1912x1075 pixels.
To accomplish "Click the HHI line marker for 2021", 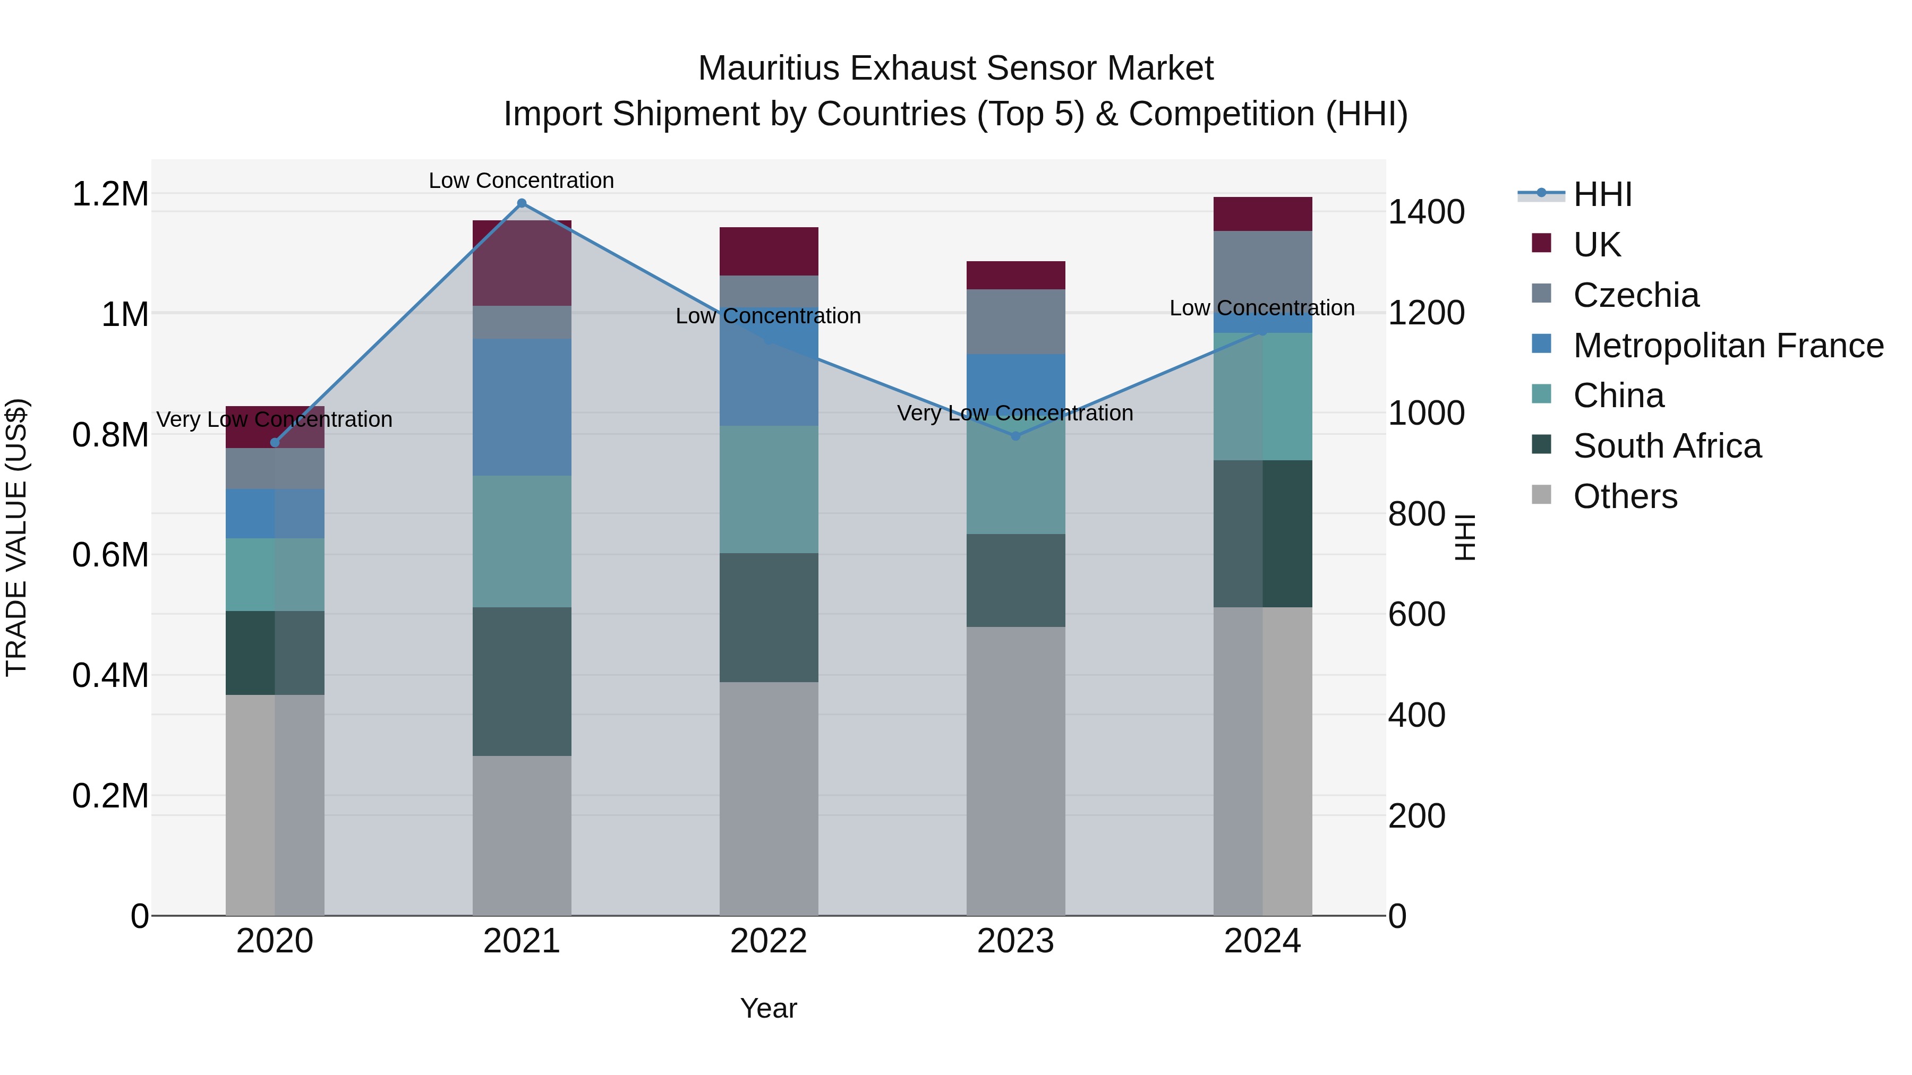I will tap(521, 203).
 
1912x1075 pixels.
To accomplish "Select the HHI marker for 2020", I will tap(275, 443).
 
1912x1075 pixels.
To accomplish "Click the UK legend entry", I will tap(1596, 244).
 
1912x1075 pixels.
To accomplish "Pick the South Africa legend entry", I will tap(1666, 446).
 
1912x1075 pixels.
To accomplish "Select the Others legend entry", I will tap(1625, 496).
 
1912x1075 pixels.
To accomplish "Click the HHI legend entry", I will tap(1602, 194).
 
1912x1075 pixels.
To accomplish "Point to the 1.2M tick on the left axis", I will tap(110, 194).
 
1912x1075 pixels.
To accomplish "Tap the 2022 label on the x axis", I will tap(768, 941).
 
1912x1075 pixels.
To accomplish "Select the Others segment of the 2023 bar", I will tap(1015, 771).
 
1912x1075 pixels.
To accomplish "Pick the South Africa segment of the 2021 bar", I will tap(521, 681).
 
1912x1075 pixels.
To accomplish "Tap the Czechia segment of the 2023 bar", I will tap(1015, 321).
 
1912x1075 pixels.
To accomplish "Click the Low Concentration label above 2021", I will tap(521, 180).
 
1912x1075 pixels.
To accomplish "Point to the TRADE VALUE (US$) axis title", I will tap(16, 537).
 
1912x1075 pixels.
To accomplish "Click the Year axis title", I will tap(768, 1008).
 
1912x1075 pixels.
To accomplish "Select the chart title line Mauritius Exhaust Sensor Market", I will tap(955, 68).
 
